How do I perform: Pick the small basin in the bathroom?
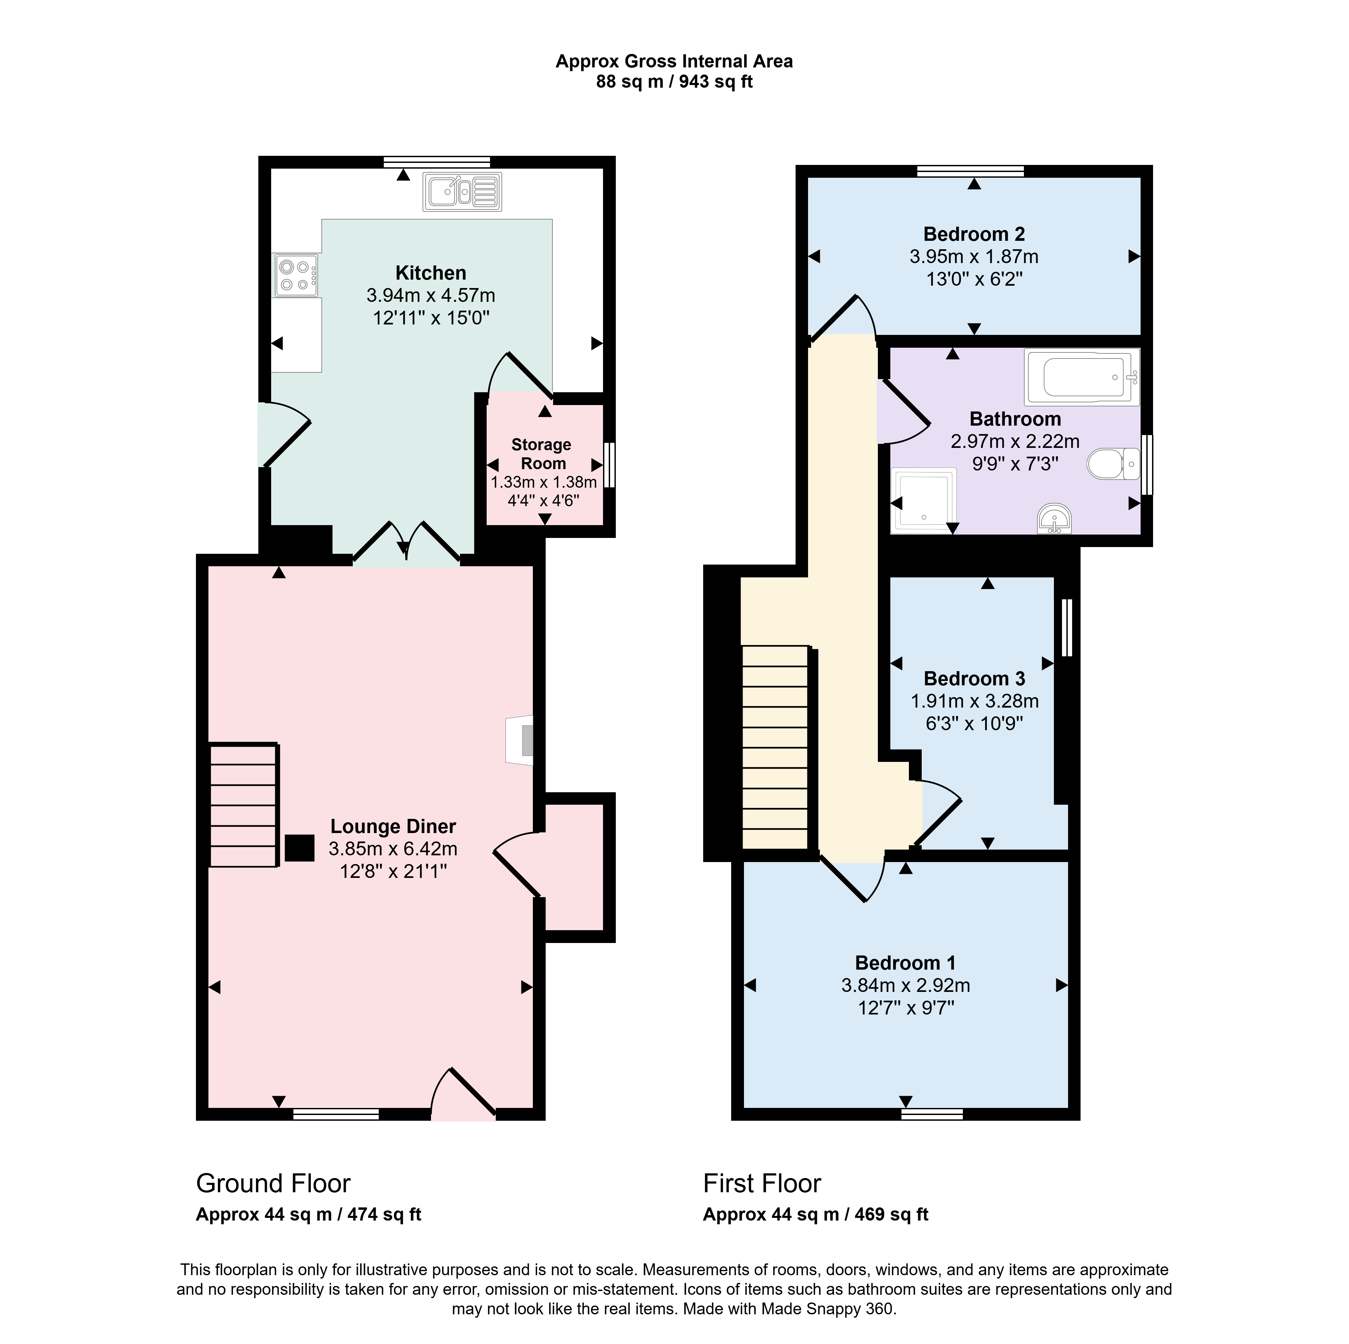[1054, 519]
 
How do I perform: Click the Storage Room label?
[542, 454]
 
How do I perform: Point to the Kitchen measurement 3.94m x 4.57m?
[431, 295]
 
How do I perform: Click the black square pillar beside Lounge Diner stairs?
[299, 848]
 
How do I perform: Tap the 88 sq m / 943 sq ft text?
[674, 82]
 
